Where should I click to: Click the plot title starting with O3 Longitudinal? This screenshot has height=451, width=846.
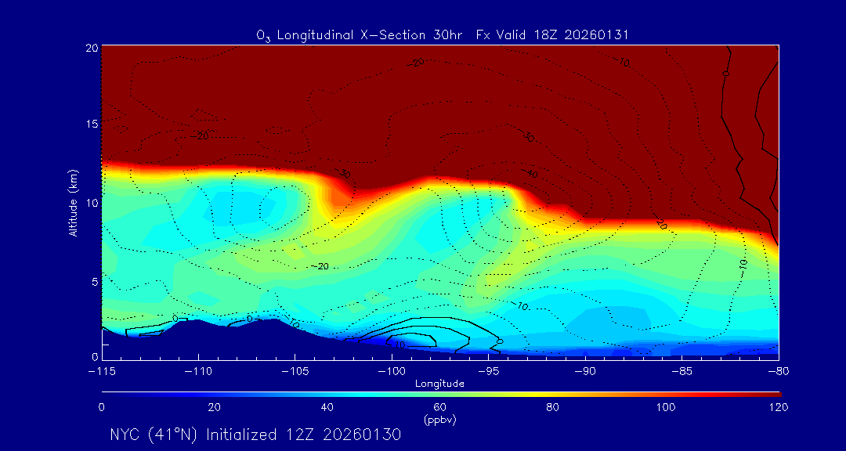[443, 35]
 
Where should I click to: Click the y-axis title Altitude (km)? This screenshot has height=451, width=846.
[74, 203]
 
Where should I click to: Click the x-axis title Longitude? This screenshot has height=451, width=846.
[440, 384]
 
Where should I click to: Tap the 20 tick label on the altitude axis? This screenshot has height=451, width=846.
[91, 48]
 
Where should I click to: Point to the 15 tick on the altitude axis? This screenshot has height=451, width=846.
[91, 124]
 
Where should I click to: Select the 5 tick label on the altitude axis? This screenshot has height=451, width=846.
[93, 280]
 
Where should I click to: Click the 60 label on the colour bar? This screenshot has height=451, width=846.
[440, 407]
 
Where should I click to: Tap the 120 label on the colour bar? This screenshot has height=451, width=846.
[778, 407]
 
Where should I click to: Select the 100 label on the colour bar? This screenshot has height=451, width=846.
[666, 407]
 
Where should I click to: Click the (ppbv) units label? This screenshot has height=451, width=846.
[440, 420]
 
